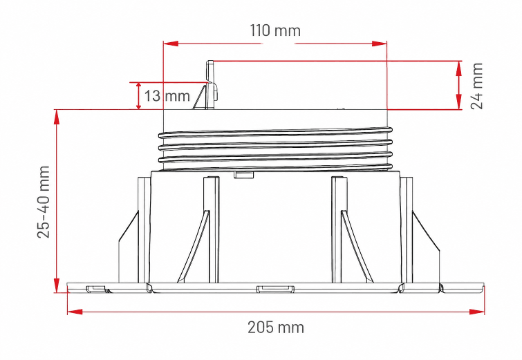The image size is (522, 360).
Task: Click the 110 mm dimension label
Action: click(x=275, y=30)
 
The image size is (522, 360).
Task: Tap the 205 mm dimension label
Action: click(x=276, y=328)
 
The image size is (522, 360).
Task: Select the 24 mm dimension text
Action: click(x=477, y=86)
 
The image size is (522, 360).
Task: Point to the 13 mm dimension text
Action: click(x=167, y=96)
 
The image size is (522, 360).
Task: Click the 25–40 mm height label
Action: click(x=44, y=202)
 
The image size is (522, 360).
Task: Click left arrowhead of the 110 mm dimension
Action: click(x=171, y=44)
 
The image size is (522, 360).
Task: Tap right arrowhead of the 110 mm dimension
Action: click(x=380, y=44)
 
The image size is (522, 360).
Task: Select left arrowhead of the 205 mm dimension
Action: click(x=75, y=312)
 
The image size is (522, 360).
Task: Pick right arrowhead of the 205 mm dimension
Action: click(x=477, y=312)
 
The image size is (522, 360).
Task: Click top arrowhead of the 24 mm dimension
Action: click(x=459, y=69)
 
